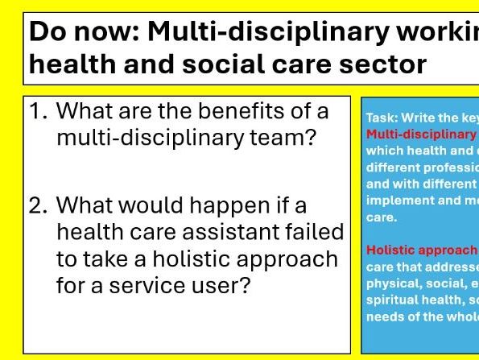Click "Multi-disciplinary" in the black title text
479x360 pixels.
[x=258, y=32]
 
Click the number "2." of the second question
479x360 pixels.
[x=40, y=205]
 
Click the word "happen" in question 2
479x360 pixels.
[x=237, y=205]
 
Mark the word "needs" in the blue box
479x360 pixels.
[x=384, y=316]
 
